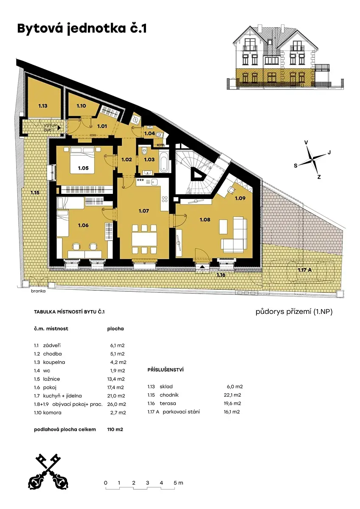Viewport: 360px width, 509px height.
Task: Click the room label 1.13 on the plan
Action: [43, 106]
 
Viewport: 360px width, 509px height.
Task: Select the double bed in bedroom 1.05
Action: [83, 160]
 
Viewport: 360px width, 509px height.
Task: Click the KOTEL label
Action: [161, 145]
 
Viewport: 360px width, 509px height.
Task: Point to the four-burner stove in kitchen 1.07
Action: [165, 199]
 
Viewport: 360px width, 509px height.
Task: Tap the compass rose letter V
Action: [306, 143]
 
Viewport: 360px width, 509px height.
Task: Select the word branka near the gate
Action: [38, 291]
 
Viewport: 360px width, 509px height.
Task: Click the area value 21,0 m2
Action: [116, 396]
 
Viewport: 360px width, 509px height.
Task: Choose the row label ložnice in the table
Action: [51, 379]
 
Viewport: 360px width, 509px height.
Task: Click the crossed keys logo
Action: [48, 473]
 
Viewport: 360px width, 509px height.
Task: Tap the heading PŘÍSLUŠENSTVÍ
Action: [165, 370]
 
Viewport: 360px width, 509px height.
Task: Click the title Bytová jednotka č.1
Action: [82, 29]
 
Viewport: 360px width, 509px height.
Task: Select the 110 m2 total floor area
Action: [115, 429]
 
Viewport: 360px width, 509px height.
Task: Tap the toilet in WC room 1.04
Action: [160, 134]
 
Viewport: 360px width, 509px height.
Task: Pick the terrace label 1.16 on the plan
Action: [221, 275]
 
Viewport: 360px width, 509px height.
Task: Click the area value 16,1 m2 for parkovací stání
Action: [232, 412]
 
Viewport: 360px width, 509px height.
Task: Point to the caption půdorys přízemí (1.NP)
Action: [294, 312]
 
